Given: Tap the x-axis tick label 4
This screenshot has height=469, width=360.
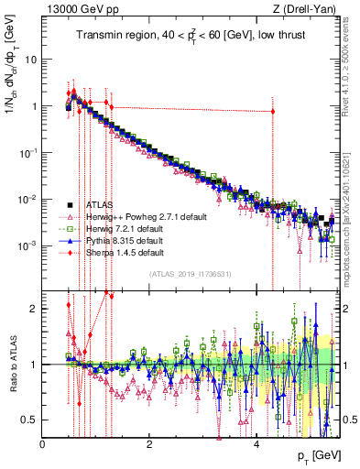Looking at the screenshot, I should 256,442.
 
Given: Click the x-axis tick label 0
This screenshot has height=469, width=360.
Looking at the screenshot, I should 43,442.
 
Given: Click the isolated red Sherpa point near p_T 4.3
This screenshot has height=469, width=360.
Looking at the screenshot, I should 272,112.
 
